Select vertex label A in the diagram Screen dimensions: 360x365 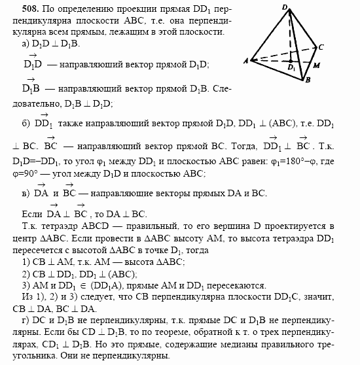point(245,61)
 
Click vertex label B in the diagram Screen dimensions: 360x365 point(307,80)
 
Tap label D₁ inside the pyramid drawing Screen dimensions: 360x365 point(290,67)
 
